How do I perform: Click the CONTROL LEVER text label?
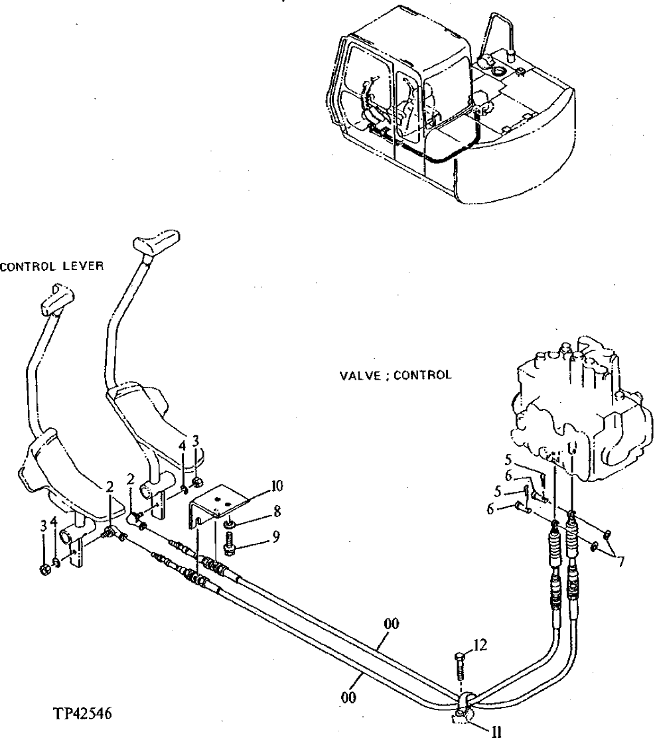click(x=52, y=267)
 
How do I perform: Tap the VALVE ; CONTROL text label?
click(x=396, y=375)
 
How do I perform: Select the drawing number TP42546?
click(x=83, y=715)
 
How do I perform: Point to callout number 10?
click(x=277, y=486)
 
